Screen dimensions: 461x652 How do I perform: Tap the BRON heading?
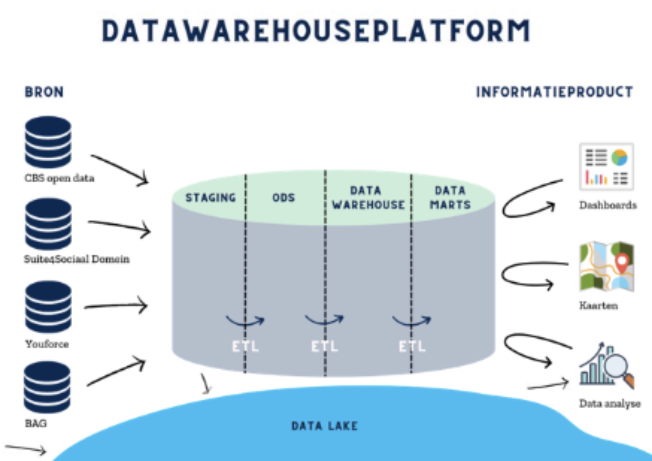[44, 92]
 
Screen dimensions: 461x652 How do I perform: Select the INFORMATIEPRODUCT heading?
[554, 92]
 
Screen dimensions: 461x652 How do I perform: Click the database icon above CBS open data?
[48, 142]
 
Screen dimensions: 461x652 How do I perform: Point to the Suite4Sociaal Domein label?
[77, 259]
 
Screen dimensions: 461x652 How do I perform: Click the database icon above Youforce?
[48, 307]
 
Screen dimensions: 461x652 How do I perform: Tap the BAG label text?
[36, 423]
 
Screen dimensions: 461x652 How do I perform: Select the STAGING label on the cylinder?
[211, 198]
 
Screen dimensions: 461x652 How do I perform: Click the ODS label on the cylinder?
[284, 198]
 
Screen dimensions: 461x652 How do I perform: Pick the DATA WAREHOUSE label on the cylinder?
[368, 198]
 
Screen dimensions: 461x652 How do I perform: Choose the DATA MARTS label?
[450, 198]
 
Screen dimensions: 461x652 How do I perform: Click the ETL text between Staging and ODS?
[245, 346]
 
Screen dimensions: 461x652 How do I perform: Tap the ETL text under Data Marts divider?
[412, 346]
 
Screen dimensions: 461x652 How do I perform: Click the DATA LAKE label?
[324, 426]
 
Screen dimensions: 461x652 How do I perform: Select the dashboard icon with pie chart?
[606, 167]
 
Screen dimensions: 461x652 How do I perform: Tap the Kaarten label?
[598, 305]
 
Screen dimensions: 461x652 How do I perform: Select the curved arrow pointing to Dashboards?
[528, 200]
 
